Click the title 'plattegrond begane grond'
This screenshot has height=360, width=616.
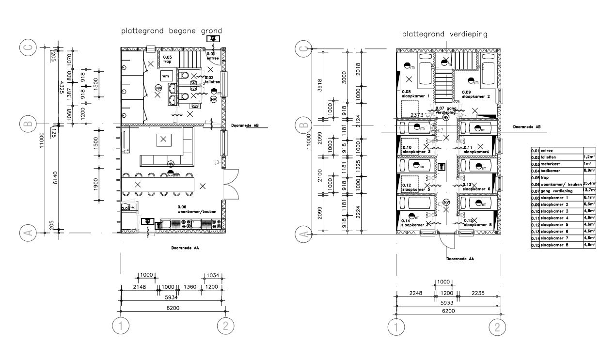pyautogui.click(x=171, y=31)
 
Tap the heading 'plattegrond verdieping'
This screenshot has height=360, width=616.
pyautogui.click(x=444, y=34)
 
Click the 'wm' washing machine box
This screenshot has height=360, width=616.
pyautogui.click(x=166, y=76)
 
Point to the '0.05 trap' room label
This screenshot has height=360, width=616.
pyautogui.click(x=168, y=59)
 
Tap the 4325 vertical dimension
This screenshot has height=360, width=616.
pyautogui.click(x=61, y=88)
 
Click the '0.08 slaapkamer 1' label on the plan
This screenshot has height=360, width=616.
pyautogui.click(x=416, y=94)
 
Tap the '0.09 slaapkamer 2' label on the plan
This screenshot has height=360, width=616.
pyautogui.click(x=476, y=94)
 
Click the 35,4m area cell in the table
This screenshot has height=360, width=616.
pyautogui.click(x=589, y=184)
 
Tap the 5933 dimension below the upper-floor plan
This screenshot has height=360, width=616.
pyautogui.click(x=447, y=301)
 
